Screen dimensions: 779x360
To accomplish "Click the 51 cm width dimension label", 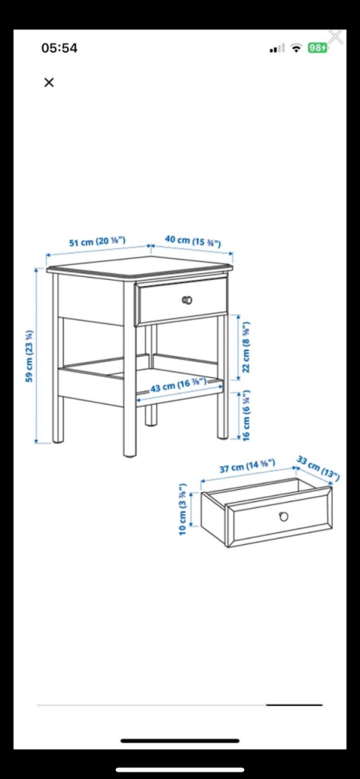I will (96, 242).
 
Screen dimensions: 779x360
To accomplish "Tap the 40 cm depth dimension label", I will (193, 241).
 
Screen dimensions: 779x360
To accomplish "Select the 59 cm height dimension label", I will (29, 355).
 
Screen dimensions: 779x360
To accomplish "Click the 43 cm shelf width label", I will (178, 386).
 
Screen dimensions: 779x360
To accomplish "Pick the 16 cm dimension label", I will (246, 415).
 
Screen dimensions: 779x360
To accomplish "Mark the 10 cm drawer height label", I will (183, 509).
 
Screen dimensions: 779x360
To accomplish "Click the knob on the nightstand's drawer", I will (187, 300).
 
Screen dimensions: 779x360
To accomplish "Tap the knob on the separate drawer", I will (283, 517).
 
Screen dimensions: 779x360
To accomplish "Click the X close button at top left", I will (49, 82).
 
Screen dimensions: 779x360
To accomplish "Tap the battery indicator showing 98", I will (317, 48).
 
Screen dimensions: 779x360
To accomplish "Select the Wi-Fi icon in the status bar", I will (296, 48).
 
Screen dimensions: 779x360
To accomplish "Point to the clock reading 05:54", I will (59, 48).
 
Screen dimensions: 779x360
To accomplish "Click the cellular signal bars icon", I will (277, 49).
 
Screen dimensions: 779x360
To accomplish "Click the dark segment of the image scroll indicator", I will (294, 704).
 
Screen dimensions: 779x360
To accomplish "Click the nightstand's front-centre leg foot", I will (130, 451).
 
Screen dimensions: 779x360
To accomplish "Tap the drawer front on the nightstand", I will (182, 300).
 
